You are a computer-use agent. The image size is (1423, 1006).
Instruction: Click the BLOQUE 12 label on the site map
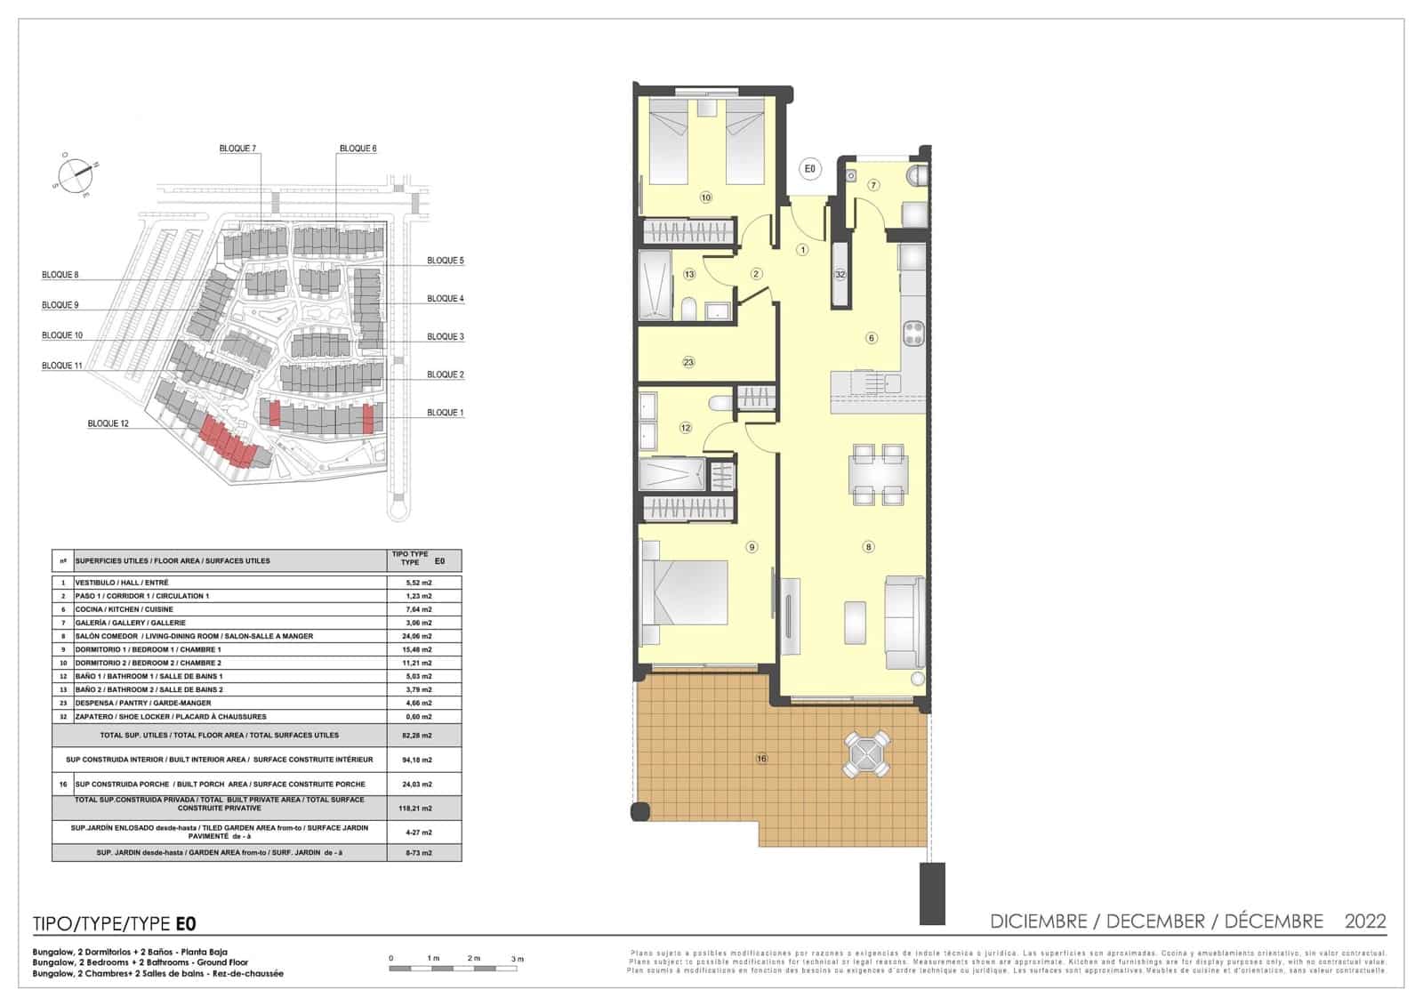(108, 423)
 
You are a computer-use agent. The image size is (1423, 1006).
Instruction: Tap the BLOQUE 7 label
(237, 149)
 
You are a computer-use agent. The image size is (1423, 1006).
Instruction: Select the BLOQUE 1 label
(445, 413)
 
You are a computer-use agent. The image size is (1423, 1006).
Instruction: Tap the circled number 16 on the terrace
(761, 759)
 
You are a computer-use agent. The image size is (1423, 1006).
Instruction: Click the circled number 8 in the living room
(869, 547)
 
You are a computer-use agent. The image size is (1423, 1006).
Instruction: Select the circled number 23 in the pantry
(688, 362)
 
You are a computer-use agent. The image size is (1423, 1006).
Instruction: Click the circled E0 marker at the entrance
(809, 168)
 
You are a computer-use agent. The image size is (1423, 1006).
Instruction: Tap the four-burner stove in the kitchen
(913, 334)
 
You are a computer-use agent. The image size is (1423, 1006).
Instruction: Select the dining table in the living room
(879, 474)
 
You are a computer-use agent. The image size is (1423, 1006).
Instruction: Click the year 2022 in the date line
(1364, 921)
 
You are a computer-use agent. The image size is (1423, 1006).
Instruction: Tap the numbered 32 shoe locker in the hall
(840, 275)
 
